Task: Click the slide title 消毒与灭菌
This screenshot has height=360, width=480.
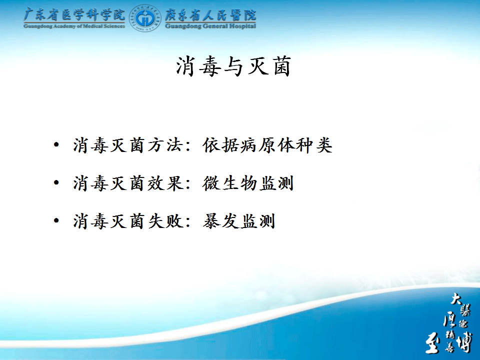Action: tap(233, 66)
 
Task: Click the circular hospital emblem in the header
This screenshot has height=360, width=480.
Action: tap(145, 18)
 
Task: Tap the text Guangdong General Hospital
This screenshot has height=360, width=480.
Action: tap(210, 26)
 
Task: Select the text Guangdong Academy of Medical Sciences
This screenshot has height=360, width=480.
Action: tap(74, 26)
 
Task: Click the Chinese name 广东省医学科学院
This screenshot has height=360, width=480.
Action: tap(74, 14)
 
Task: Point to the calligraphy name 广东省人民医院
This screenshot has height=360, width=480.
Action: tap(210, 14)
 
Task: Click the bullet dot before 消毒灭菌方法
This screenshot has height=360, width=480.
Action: tap(56, 145)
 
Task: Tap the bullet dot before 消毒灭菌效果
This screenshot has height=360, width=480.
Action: tap(56, 183)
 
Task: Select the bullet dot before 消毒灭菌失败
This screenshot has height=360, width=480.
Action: tap(56, 220)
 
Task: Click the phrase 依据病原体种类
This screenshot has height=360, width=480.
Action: tap(267, 145)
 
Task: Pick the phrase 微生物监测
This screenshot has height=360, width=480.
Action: tap(248, 183)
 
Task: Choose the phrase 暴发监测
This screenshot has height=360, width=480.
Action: tap(239, 221)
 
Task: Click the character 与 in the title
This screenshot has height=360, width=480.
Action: tap(233, 66)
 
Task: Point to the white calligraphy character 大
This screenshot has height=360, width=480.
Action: tap(456, 298)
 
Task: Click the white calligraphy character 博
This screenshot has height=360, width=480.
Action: tap(464, 342)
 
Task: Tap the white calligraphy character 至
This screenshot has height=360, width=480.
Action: tap(433, 344)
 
